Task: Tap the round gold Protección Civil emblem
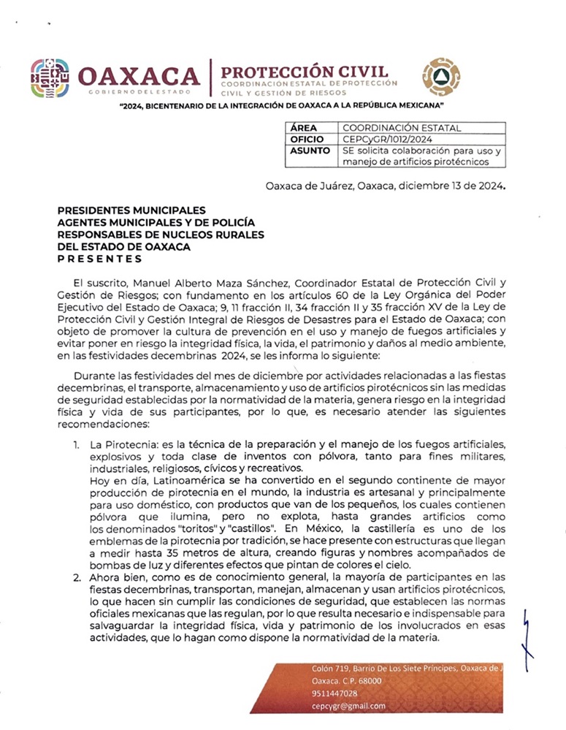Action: (x=442, y=77)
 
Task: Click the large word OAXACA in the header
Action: (x=138, y=76)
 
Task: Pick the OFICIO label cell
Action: (x=307, y=139)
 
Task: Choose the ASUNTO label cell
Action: (x=308, y=151)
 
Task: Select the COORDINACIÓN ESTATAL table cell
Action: (x=402, y=128)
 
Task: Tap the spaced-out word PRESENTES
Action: (x=99, y=259)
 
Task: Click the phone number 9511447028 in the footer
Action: (x=334, y=693)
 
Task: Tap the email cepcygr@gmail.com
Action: (x=348, y=706)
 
